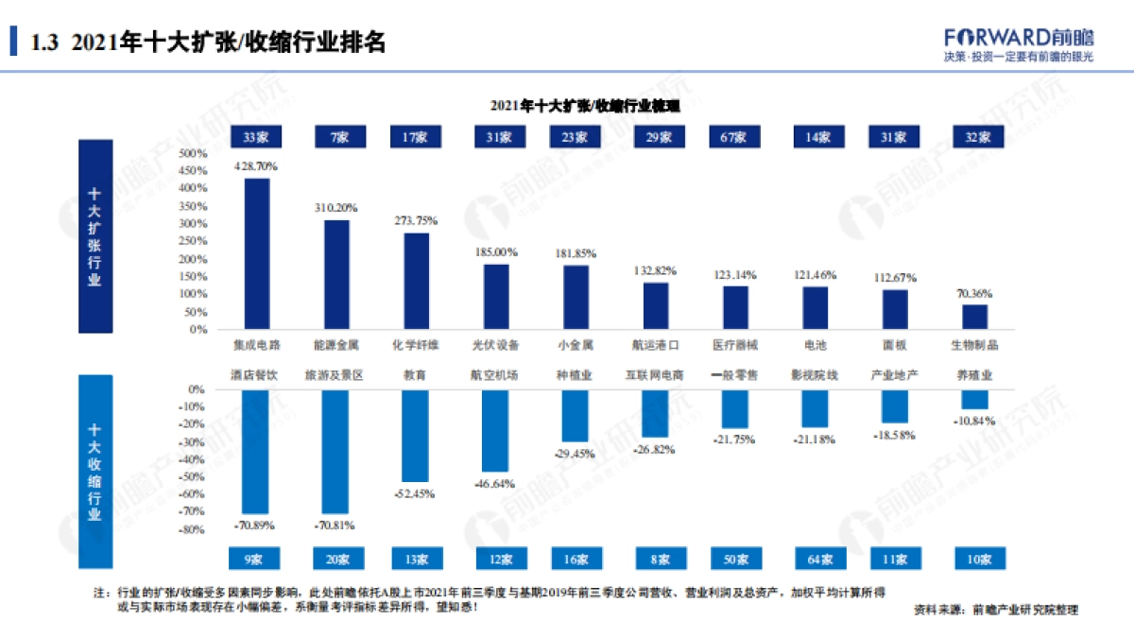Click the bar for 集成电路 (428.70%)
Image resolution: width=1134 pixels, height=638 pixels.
(257, 253)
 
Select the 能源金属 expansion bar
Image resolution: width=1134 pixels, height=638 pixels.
(336, 274)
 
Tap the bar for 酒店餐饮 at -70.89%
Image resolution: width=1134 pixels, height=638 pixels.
(255, 451)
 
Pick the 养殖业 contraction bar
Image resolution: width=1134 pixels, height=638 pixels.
(975, 399)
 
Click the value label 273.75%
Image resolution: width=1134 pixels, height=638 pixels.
(416, 220)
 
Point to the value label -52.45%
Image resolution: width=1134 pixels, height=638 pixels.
(415, 493)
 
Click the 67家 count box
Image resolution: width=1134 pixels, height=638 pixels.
(735, 137)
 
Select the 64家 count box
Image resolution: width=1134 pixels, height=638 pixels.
(815, 560)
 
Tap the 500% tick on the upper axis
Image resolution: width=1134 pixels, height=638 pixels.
(192, 153)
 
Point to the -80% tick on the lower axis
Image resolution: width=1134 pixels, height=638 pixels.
(192, 530)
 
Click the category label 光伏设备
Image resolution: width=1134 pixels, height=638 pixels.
(496, 345)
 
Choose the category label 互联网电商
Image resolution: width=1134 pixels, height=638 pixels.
(655, 374)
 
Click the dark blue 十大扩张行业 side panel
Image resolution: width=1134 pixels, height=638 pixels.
(94, 236)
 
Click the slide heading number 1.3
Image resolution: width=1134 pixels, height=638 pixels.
(45, 43)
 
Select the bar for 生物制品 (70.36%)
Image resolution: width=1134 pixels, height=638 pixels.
(975, 317)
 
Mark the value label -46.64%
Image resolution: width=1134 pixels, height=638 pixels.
(496, 483)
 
